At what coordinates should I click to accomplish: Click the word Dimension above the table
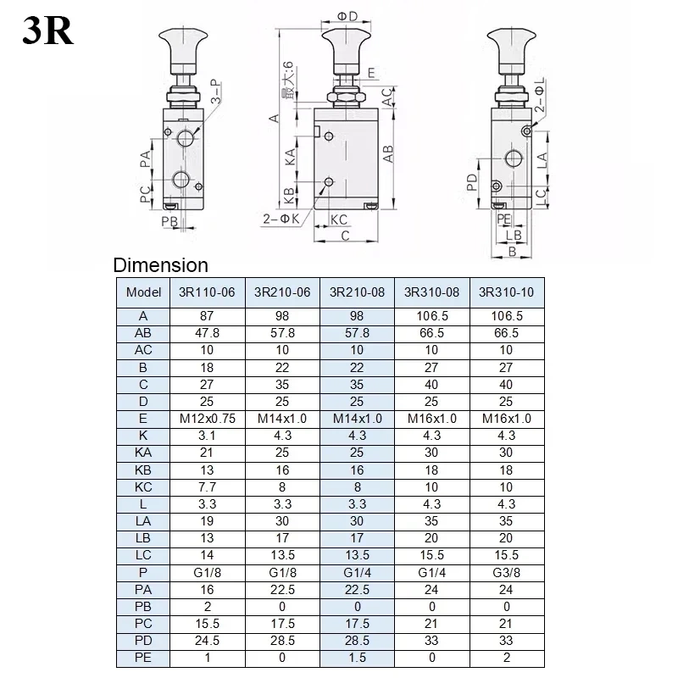click(x=160, y=264)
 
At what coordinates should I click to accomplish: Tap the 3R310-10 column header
click(x=507, y=292)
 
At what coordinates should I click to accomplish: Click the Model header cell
click(x=143, y=292)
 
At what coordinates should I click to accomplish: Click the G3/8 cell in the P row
click(x=507, y=571)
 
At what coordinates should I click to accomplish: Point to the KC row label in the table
click(x=143, y=486)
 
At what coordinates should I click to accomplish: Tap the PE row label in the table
click(x=143, y=657)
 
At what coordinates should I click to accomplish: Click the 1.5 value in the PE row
click(x=357, y=657)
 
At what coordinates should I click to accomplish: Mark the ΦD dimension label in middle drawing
click(x=347, y=15)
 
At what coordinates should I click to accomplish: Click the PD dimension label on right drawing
click(x=471, y=182)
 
